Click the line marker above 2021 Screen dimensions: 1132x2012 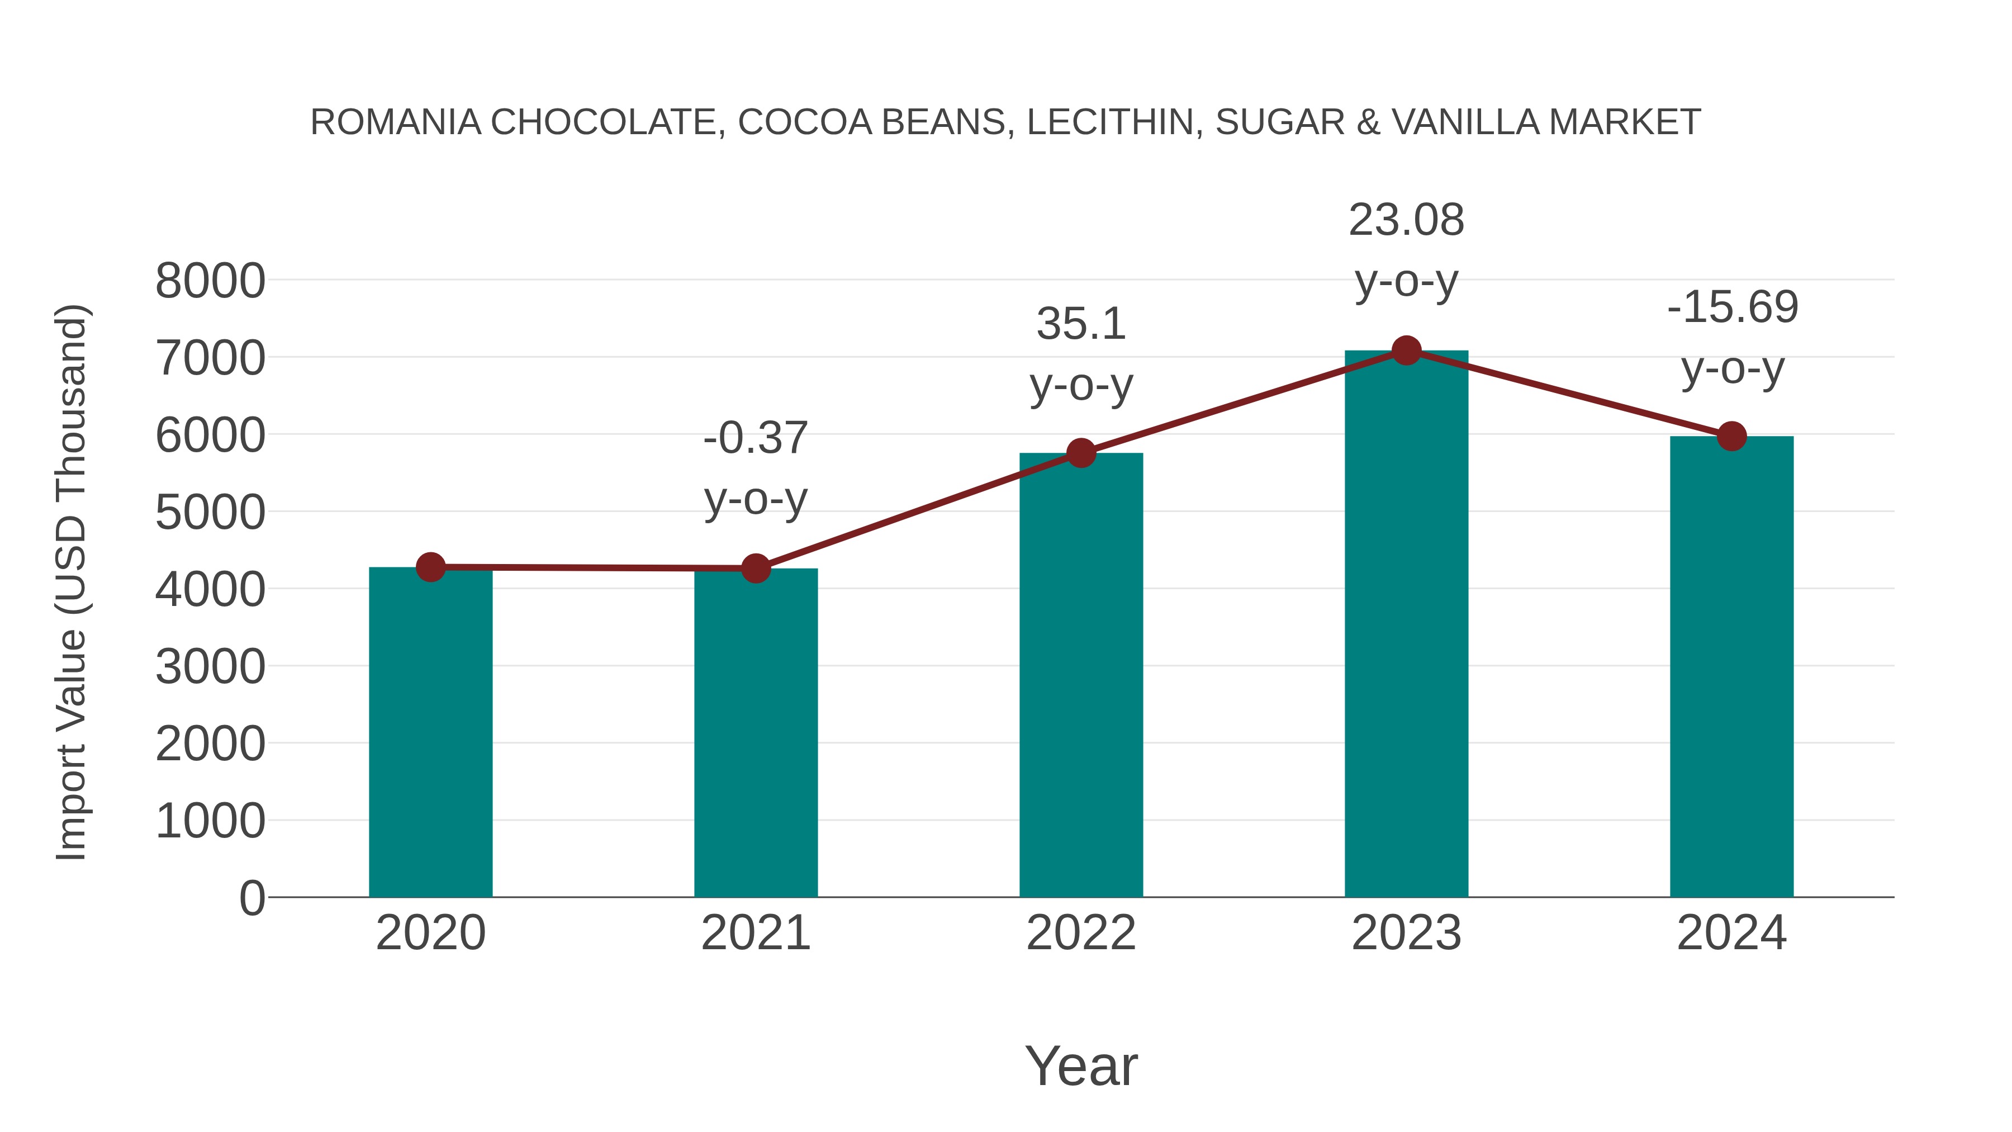(755, 568)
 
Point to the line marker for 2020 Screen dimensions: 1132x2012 (430, 566)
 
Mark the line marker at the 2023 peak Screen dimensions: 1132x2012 (1406, 351)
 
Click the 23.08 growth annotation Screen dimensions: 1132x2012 (1406, 220)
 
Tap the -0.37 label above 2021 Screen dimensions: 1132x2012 (755, 438)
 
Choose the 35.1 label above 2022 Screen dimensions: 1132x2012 (1081, 324)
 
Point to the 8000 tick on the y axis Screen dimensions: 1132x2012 (210, 281)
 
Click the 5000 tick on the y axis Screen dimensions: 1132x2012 (210, 513)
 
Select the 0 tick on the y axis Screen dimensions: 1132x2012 (251, 898)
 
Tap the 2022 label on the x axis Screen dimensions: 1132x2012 (1081, 933)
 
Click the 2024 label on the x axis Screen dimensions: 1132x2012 (1731, 933)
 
